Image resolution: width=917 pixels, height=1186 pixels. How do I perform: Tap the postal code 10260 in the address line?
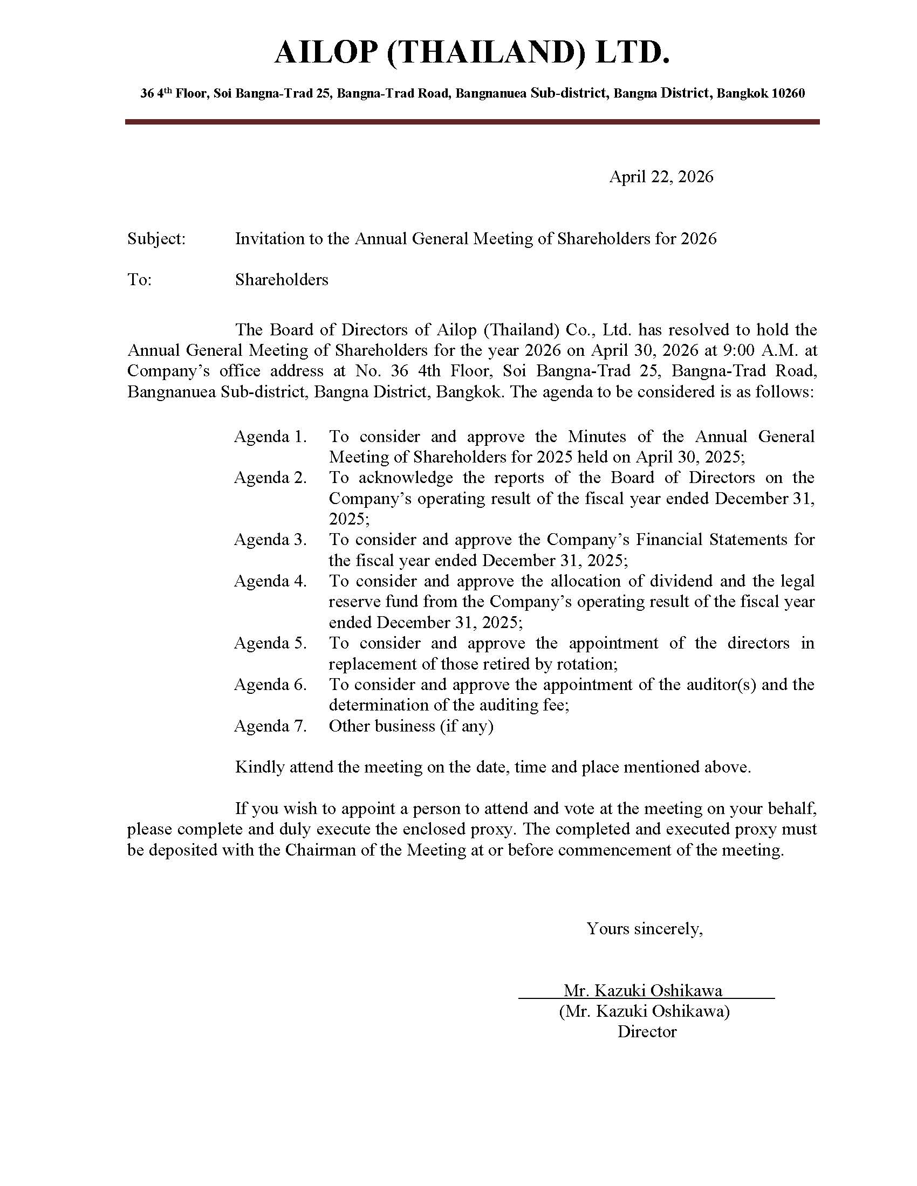(788, 93)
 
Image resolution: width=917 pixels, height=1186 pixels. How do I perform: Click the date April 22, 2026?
(661, 176)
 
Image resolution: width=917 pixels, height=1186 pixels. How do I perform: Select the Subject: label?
(156, 238)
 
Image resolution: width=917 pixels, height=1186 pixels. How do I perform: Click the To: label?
(139, 280)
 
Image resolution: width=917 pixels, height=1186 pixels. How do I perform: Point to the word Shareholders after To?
(282, 280)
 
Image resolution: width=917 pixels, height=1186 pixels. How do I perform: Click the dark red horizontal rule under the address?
(471, 122)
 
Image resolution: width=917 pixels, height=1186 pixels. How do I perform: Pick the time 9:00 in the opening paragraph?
(741, 350)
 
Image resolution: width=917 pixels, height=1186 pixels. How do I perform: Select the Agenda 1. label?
(270, 437)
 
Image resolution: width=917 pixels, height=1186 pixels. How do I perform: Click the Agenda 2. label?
(270, 478)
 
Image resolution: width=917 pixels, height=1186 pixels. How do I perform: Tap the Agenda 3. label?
(270, 540)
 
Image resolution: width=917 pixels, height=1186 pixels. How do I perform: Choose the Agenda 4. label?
(270, 581)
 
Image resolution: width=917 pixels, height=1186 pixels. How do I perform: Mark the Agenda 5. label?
(270, 643)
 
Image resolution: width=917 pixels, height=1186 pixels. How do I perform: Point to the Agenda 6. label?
(270, 684)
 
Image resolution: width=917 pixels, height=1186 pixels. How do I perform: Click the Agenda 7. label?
(270, 726)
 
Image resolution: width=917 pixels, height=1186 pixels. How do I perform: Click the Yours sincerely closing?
(644, 929)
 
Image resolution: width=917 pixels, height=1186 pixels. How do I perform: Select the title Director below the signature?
(646, 1032)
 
